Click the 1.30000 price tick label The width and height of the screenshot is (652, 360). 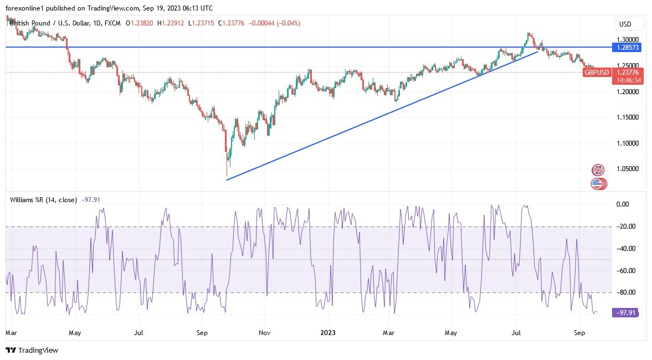point(628,40)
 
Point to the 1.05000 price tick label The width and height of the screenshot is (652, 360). point(628,169)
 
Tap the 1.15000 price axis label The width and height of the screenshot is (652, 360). point(628,117)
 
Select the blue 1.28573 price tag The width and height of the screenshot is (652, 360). point(628,48)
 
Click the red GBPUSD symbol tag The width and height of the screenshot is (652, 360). point(597,73)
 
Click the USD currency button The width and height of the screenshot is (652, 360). point(625,24)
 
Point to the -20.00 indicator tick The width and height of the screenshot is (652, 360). point(627,227)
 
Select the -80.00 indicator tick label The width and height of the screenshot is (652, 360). point(627,292)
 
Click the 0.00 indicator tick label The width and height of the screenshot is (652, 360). point(623,204)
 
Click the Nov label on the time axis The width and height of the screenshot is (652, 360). point(264,333)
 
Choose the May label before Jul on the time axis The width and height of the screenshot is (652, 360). point(75,333)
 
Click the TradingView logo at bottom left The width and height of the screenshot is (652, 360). point(32,350)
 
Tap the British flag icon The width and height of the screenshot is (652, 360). point(598,170)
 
